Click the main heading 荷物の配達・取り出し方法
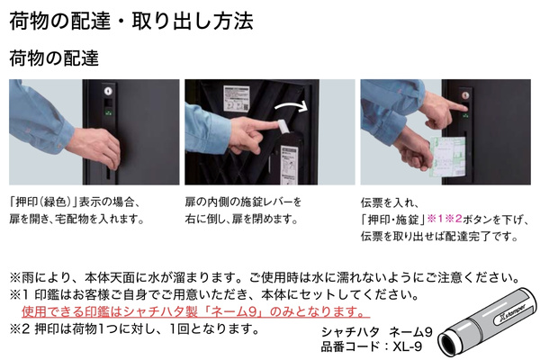(x=131, y=21)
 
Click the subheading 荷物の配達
(x=54, y=58)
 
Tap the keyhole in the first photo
(x=108, y=91)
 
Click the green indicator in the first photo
(x=109, y=112)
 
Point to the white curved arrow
(x=292, y=104)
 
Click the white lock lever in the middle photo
(x=283, y=126)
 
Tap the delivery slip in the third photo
(x=448, y=156)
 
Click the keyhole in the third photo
(x=465, y=95)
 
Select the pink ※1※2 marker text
(x=445, y=219)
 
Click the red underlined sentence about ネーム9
(x=195, y=311)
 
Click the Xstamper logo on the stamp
(x=512, y=314)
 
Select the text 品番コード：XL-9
(x=371, y=346)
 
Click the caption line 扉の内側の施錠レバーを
(x=243, y=202)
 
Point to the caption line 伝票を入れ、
(x=390, y=202)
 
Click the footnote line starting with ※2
(x=134, y=329)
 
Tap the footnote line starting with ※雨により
(x=265, y=277)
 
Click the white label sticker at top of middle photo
(x=236, y=98)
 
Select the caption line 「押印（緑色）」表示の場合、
(x=75, y=202)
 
